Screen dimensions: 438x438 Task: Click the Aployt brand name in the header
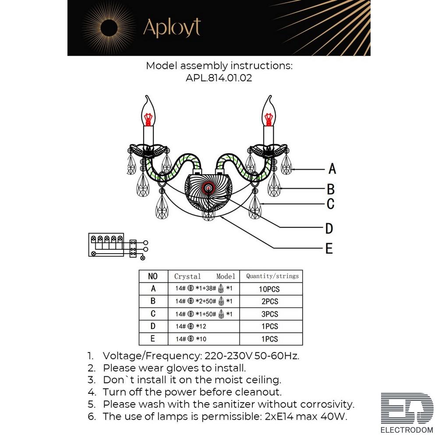tap(172, 27)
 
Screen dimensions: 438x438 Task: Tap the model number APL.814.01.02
tap(219, 78)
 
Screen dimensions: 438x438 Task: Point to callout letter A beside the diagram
tap(332, 168)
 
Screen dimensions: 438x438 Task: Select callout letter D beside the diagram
tap(329, 228)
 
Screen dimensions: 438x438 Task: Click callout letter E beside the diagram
tap(329, 248)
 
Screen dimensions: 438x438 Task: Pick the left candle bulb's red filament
tap(149, 118)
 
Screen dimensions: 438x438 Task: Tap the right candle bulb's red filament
tap(269, 118)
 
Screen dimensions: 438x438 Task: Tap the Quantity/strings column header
tap(272, 276)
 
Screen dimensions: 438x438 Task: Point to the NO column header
tap(153, 276)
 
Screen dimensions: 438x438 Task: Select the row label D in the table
tap(153, 326)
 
